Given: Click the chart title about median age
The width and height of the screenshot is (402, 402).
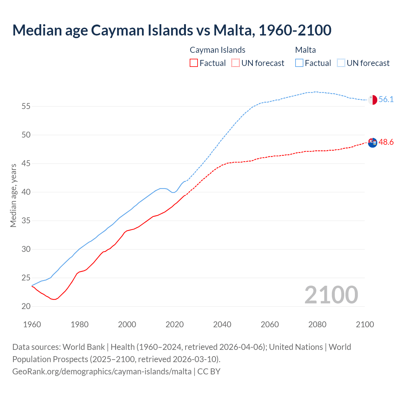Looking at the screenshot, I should pyautogui.click(x=172, y=30).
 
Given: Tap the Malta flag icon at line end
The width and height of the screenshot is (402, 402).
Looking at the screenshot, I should pyautogui.click(x=372, y=100).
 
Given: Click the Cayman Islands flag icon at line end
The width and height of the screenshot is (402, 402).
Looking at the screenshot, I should pyautogui.click(x=372, y=143).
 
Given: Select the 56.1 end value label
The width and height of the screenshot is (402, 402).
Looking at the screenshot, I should pyautogui.click(x=386, y=100).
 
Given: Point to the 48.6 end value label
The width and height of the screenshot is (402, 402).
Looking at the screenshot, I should pyautogui.click(x=386, y=142).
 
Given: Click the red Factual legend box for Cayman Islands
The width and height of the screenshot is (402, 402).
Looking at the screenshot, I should pyautogui.click(x=194, y=63).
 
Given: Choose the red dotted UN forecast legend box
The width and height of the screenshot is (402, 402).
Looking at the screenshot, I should pyautogui.click(x=236, y=63).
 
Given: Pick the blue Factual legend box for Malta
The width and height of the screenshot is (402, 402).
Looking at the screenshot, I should pyautogui.click(x=299, y=63).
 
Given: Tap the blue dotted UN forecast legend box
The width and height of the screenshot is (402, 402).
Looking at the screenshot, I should pyautogui.click(x=341, y=63).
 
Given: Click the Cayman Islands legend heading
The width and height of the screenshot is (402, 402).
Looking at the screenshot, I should pyautogui.click(x=217, y=50).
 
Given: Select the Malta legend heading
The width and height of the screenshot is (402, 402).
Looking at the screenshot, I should pyautogui.click(x=305, y=50).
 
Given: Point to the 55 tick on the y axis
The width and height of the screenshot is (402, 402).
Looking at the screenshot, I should pyautogui.click(x=26, y=106).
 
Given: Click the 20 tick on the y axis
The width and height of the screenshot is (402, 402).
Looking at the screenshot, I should pyautogui.click(x=26, y=307).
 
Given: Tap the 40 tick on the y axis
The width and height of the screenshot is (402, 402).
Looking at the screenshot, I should pyautogui.click(x=26, y=192).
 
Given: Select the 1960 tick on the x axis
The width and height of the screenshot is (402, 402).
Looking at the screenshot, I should pyautogui.click(x=32, y=324).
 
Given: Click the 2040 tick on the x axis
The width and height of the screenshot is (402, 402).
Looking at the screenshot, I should pyautogui.click(x=222, y=324).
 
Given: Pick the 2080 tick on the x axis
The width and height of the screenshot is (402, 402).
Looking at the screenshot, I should pyautogui.click(x=317, y=324).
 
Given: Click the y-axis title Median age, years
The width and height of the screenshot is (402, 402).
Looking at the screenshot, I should pyautogui.click(x=13, y=195).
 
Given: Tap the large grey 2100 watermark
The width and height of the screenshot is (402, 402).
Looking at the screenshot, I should pyautogui.click(x=331, y=295).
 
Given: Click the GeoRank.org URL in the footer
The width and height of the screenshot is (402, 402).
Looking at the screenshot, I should pyautogui.click(x=102, y=372).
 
